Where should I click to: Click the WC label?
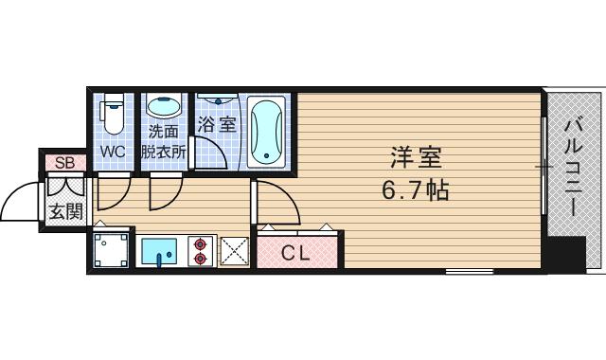pos(114,151)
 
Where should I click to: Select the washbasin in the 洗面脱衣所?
pos(165,107)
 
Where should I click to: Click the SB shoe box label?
pos(64,163)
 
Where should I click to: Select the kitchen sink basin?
pos(157,252)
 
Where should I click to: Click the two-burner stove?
pos(201,250)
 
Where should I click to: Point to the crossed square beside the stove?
pos(233,251)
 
